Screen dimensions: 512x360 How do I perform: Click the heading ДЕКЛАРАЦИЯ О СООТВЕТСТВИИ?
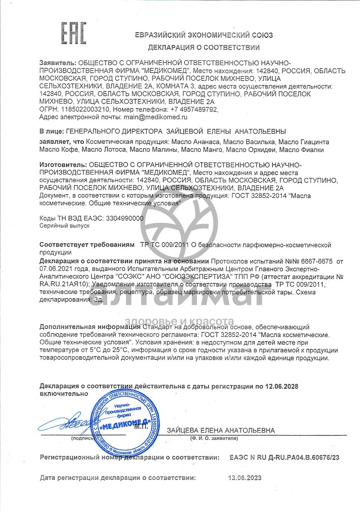pyautogui.click(x=204, y=48)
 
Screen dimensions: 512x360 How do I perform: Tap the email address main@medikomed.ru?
pyautogui.click(x=154, y=117)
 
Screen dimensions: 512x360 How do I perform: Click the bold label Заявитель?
pyautogui.click(x=58, y=63)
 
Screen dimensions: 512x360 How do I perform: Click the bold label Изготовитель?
pyautogui.click(x=63, y=165)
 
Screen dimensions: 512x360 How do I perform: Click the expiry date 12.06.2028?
pyautogui.click(x=280, y=386)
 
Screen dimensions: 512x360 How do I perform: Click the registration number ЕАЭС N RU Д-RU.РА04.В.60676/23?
pyautogui.click(x=284, y=457)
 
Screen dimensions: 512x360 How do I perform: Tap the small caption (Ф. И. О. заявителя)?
pyautogui.click(x=214, y=438)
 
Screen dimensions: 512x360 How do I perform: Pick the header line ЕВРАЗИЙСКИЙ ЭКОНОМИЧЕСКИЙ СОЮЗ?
pyautogui.click(x=204, y=35)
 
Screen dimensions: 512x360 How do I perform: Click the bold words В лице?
pyautogui.click(x=51, y=131)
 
